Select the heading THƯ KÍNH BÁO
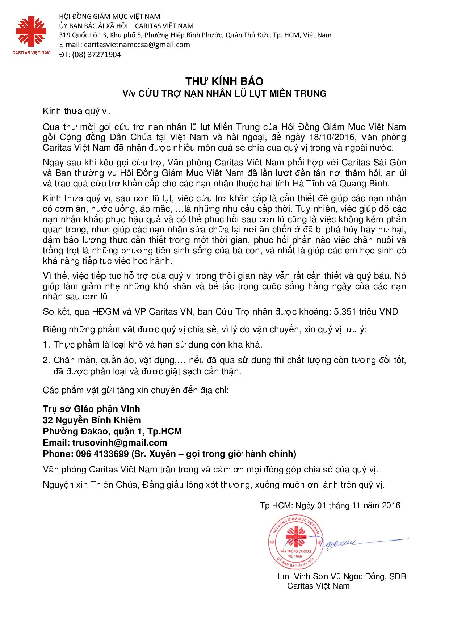224,81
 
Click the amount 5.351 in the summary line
347,311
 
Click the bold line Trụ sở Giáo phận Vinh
91,409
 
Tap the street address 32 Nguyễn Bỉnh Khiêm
92,420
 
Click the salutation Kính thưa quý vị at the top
76,111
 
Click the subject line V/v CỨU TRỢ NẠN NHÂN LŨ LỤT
224,93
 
